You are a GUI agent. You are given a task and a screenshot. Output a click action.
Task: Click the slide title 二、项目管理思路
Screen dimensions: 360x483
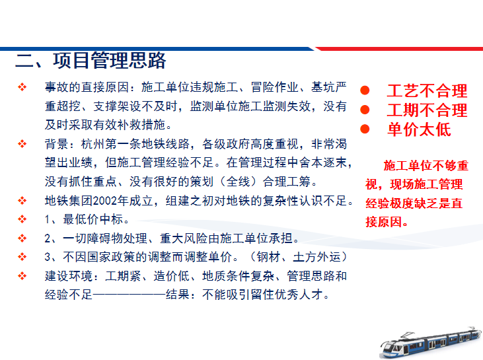pos(91,61)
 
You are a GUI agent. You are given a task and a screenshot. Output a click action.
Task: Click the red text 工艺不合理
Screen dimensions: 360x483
pos(427,90)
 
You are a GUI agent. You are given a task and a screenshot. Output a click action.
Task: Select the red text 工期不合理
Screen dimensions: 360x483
pos(427,110)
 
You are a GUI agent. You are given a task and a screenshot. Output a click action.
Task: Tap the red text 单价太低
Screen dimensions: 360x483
pos(419,129)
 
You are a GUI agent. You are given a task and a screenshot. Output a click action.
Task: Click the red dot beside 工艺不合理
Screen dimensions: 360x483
pos(364,90)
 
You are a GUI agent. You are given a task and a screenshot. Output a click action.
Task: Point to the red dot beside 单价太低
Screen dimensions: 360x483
pos(364,129)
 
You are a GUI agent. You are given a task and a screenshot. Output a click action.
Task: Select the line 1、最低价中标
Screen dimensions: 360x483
pos(87,219)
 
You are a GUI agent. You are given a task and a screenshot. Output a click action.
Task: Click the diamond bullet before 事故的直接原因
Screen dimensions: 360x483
pos(22,87)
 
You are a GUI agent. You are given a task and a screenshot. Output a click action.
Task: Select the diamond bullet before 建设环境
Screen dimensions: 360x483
pos(22,275)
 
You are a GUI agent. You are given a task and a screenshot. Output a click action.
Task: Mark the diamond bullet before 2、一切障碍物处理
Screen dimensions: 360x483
pos(22,238)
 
